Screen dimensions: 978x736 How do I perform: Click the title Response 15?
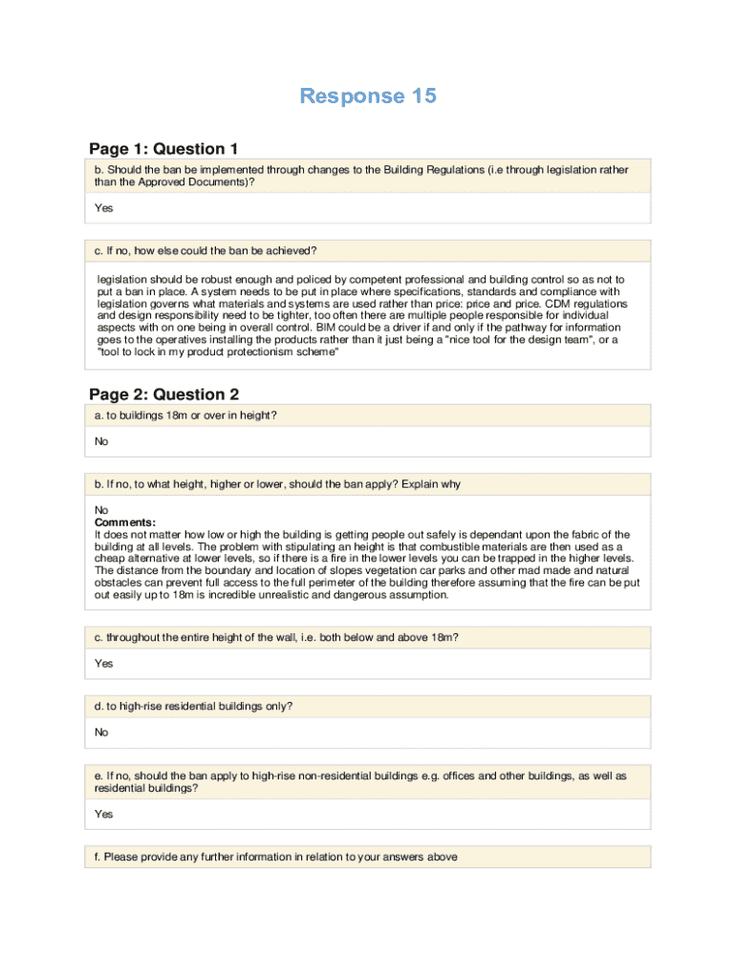point(368,96)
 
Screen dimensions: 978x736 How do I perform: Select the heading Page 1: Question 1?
point(163,148)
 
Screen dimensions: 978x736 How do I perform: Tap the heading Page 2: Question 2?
point(163,394)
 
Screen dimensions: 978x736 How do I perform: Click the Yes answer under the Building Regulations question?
point(103,207)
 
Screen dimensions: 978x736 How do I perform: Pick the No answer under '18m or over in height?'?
point(101,441)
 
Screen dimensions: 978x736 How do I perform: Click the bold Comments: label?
point(124,522)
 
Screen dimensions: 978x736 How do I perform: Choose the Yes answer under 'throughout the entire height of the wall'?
point(103,663)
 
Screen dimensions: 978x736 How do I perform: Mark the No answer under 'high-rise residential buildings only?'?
point(101,733)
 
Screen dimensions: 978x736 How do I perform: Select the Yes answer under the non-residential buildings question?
point(103,814)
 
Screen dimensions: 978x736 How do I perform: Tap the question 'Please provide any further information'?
point(275,857)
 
